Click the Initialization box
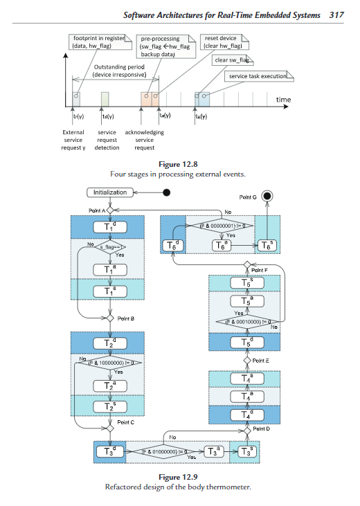110,192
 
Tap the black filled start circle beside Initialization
165,192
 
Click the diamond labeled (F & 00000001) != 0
221,226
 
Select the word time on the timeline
283,100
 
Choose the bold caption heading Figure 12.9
179,478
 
